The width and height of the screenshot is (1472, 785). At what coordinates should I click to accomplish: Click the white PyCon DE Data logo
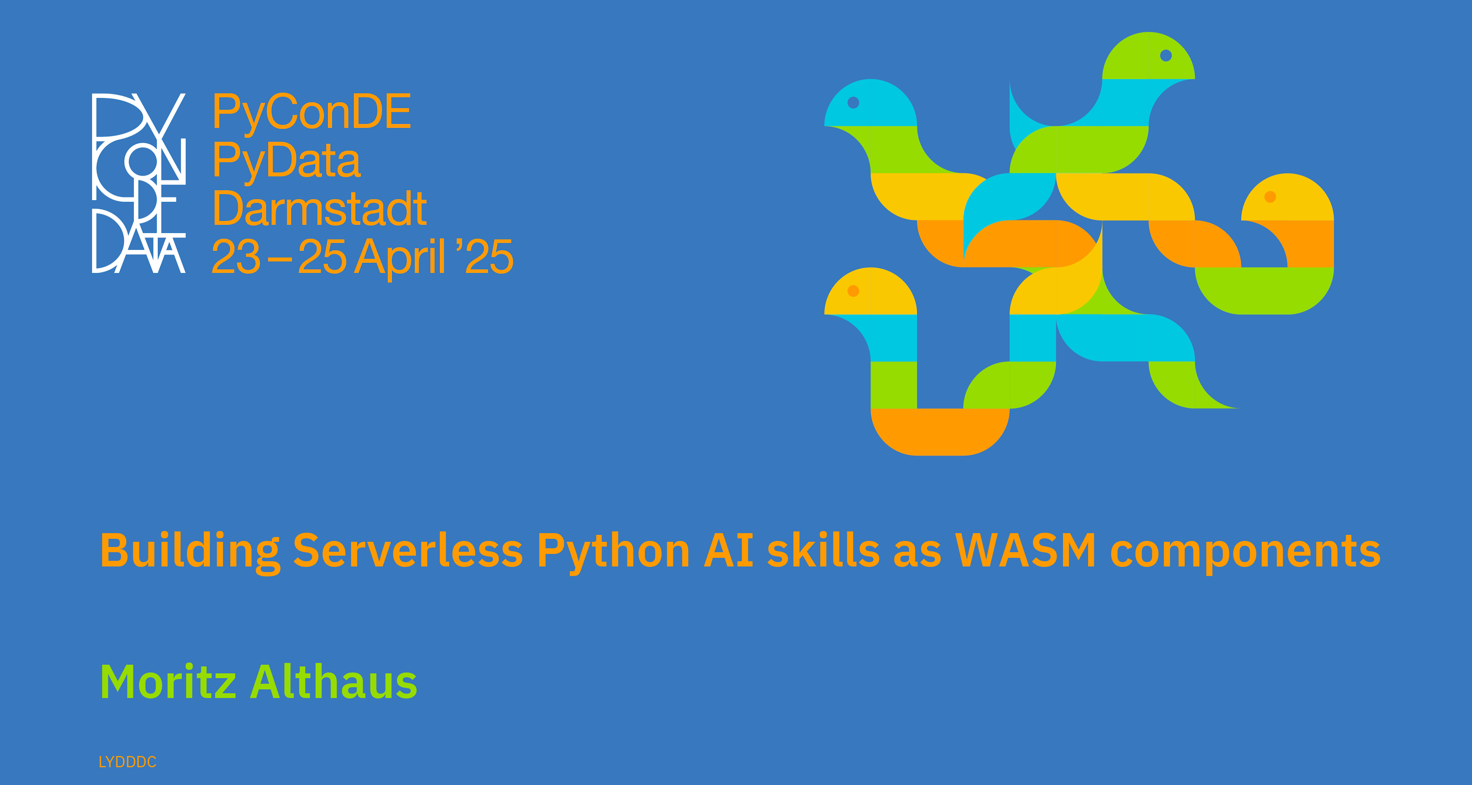click(139, 183)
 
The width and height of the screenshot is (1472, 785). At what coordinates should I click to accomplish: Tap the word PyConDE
click(312, 113)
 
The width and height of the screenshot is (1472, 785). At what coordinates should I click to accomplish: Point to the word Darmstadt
click(319, 209)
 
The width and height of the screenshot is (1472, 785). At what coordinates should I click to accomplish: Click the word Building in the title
click(190, 551)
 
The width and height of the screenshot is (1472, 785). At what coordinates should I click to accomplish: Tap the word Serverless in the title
click(408, 551)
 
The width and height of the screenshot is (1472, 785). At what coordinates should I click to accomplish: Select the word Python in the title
click(613, 552)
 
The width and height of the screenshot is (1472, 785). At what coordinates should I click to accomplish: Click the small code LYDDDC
click(127, 762)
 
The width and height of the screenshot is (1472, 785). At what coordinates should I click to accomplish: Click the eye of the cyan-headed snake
click(853, 102)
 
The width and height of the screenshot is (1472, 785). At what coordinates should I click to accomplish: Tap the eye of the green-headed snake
click(1166, 55)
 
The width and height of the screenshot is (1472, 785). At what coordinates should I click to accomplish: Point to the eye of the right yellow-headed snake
click(1270, 196)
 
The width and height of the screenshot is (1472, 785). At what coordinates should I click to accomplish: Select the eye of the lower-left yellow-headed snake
click(853, 291)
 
